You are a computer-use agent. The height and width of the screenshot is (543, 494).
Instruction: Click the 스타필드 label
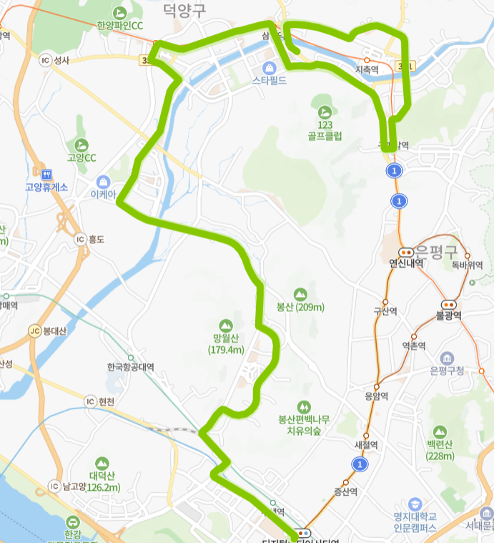click(270, 81)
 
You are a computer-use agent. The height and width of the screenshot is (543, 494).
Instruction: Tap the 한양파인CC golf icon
click(119, 12)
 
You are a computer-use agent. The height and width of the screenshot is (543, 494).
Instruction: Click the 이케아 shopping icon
click(103, 181)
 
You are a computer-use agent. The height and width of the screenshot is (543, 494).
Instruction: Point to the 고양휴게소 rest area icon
click(48, 174)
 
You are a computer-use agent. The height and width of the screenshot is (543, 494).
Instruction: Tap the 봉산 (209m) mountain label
click(300, 308)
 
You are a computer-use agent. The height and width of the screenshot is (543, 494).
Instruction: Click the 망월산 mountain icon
click(227, 326)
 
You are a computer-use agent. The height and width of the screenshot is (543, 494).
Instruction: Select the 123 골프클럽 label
click(325, 130)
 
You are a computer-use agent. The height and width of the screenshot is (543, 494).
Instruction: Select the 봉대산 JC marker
click(34, 331)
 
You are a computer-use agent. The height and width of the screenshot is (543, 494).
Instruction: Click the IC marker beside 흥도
click(79, 239)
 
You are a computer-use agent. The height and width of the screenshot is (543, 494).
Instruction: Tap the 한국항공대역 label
click(131, 367)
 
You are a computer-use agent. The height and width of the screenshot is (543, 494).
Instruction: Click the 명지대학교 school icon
click(415, 504)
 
